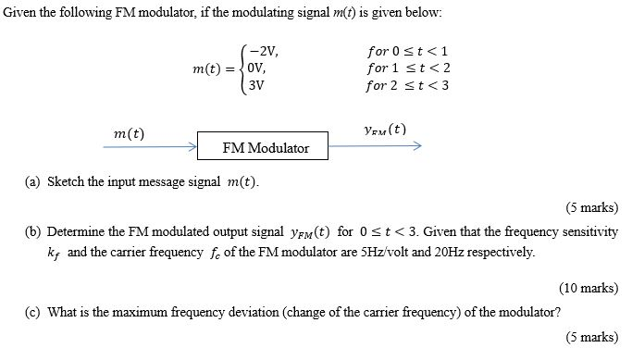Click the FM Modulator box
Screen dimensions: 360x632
266,147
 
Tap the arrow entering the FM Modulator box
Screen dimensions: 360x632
148,146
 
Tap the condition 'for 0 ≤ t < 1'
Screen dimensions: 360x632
407,52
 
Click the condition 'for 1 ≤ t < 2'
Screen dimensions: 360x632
407,68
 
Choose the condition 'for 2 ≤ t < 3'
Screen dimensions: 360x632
407,85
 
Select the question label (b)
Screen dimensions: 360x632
32,231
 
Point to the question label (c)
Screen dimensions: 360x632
32,312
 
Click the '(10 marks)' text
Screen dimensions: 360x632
589,287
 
